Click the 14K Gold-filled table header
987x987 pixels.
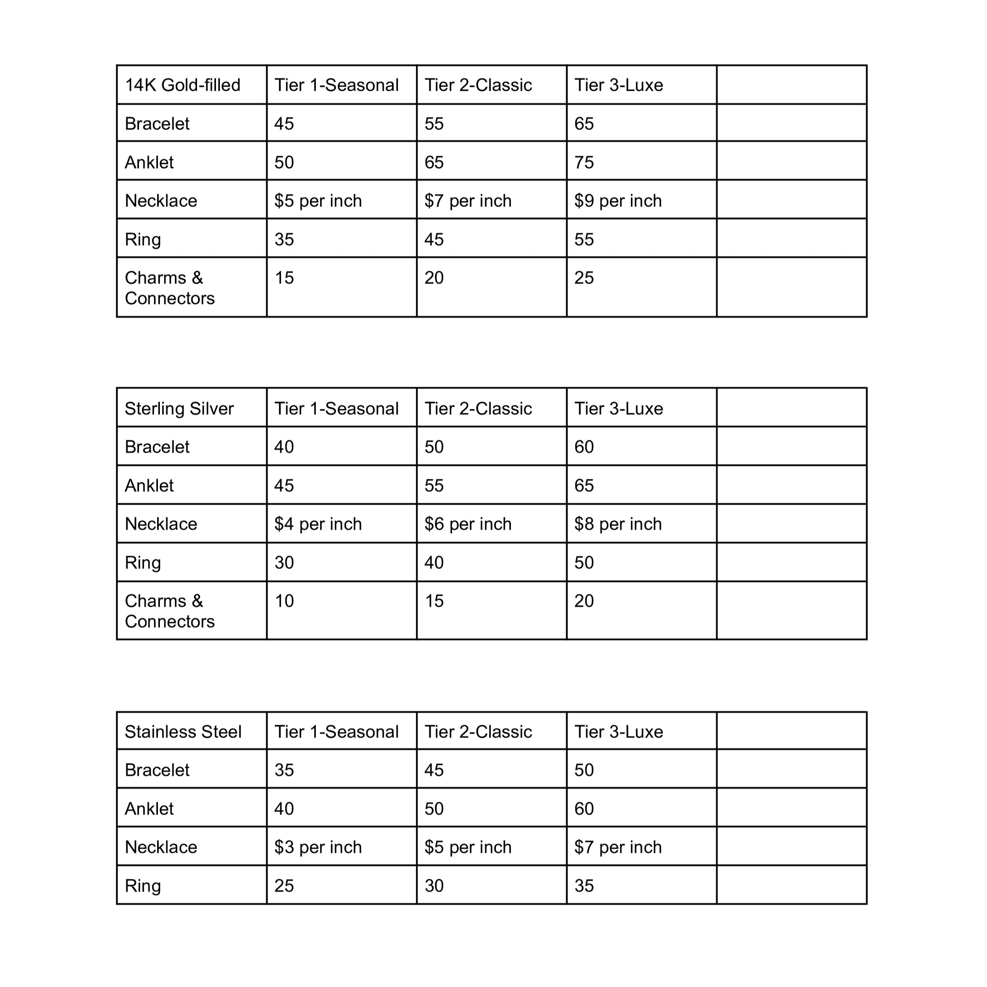(182, 85)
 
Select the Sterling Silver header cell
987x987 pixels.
(179, 408)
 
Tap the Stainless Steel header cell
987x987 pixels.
(183, 732)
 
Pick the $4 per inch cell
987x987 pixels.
(318, 524)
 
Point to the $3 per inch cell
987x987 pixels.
(318, 847)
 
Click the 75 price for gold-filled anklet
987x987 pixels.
(584, 162)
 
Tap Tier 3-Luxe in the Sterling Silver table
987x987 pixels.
(619, 408)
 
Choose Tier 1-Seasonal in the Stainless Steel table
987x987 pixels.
(336, 732)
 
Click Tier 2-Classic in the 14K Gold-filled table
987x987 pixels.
(478, 85)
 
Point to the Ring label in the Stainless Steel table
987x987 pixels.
(143, 886)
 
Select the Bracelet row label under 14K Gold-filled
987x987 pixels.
(157, 124)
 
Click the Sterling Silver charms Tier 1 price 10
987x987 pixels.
(284, 601)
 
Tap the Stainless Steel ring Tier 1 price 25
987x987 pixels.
(284, 886)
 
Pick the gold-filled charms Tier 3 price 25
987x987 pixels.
(584, 278)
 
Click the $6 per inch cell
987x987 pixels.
(467, 524)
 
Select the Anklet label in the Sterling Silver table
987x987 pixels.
(149, 485)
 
